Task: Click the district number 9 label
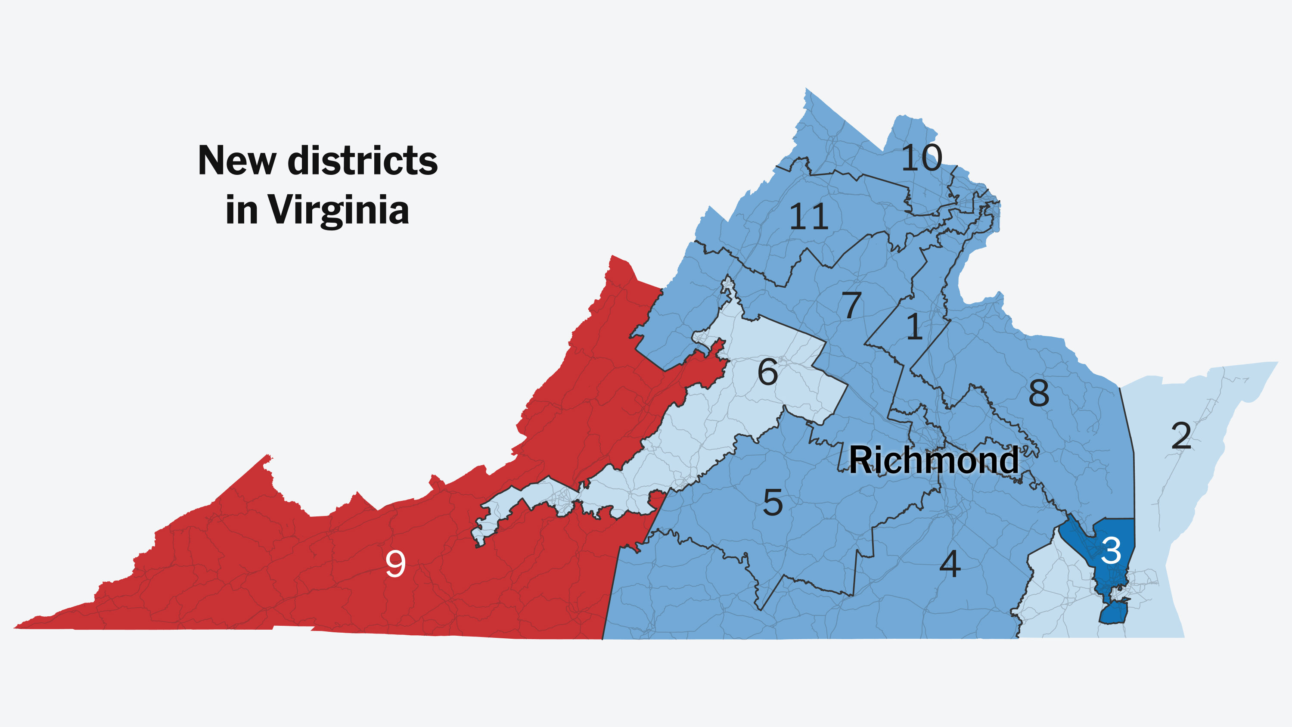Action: pos(395,564)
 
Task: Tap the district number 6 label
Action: pos(767,373)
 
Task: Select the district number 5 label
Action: pos(772,503)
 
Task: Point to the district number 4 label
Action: pos(950,564)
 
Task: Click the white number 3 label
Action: pos(1110,551)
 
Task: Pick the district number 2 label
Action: pos(1181,436)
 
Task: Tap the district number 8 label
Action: pos(1039,393)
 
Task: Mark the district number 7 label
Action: pos(851,305)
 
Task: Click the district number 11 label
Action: pos(808,217)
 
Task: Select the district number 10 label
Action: pos(922,158)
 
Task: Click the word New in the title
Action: pos(237,161)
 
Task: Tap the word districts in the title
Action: pos(363,161)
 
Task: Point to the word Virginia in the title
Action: pos(338,210)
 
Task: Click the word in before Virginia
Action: pos(241,210)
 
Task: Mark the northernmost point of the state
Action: pos(806,90)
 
